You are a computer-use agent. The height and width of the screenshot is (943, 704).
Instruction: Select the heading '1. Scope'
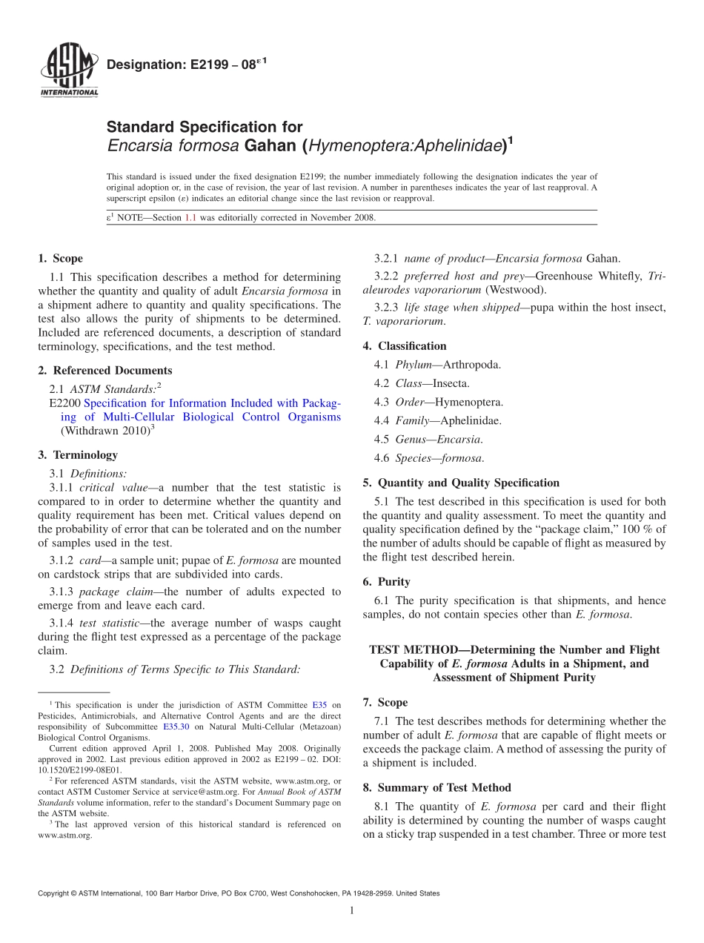click(x=60, y=259)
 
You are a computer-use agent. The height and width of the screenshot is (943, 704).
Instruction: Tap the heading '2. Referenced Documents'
click(x=104, y=370)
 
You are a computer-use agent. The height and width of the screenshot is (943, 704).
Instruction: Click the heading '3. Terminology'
click(x=78, y=454)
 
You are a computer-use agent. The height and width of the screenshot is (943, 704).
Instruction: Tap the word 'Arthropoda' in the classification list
click(x=471, y=365)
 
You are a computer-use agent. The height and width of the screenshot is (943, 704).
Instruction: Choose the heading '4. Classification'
click(x=405, y=345)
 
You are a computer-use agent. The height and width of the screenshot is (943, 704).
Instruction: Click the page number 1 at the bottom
click(x=351, y=910)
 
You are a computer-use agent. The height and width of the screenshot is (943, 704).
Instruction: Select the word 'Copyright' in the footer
click(x=54, y=893)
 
